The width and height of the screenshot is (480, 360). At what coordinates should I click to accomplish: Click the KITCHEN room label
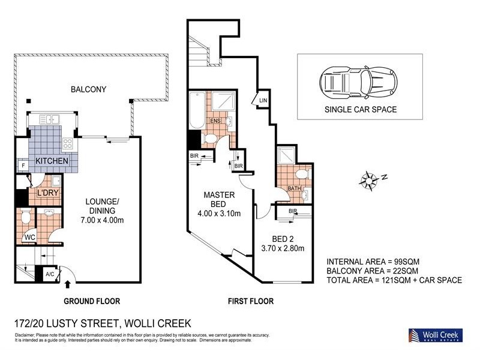coord(52,161)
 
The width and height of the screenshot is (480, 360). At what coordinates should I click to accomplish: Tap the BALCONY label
coord(88,89)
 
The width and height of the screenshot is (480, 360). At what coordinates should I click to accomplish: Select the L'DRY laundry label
coord(47,193)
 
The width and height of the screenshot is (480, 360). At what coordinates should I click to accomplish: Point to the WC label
coord(29,237)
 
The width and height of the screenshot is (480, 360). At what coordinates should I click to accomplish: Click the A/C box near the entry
coord(50,274)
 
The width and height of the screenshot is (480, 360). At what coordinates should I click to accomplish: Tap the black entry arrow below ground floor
coord(68,284)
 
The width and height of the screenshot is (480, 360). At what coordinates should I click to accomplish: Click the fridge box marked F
coord(23,166)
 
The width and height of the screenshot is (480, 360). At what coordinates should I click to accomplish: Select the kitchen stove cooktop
coord(68,143)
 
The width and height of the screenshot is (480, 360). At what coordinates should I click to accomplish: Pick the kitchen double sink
coord(50,119)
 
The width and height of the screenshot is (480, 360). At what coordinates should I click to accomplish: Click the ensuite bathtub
coord(197,110)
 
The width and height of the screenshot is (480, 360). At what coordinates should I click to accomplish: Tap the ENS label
coord(215,121)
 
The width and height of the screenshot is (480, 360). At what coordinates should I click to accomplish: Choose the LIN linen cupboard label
coord(263,100)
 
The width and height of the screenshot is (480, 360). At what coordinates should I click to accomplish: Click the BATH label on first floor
coord(294,188)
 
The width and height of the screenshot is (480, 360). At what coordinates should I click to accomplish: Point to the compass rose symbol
coord(368,181)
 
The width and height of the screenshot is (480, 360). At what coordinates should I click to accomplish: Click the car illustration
coord(358,83)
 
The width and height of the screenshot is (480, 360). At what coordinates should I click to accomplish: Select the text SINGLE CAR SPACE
coord(361,109)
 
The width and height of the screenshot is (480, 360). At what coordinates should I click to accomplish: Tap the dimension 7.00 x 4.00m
coord(102,220)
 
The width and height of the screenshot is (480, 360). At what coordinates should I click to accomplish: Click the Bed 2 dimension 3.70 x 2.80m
coord(283,248)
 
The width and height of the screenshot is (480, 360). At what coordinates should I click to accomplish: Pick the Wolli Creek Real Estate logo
coord(436,335)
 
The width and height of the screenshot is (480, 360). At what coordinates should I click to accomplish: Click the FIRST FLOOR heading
coord(251,301)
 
